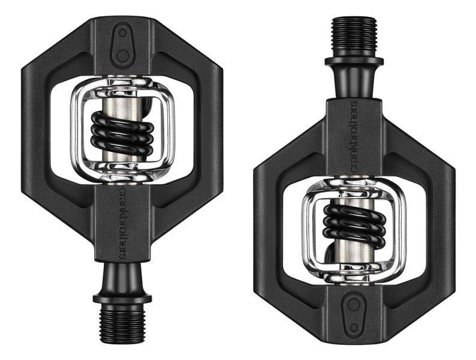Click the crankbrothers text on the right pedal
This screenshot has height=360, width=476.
point(354,137)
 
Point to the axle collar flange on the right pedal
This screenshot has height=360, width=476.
point(354,61)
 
